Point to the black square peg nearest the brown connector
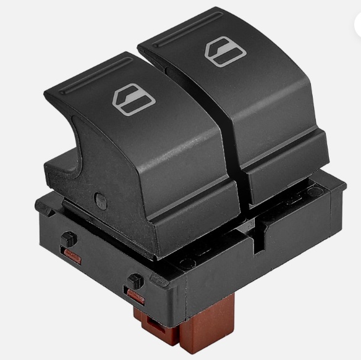131,281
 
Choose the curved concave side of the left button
62,148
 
